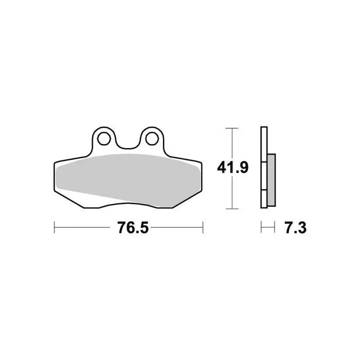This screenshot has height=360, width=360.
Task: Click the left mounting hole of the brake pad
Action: [x=104, y=139]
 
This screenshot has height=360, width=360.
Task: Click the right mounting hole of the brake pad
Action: [x=152, y=139]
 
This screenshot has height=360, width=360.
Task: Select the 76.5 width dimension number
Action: [x=133, y=228]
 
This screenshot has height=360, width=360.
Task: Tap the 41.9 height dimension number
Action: [x=232, y=168]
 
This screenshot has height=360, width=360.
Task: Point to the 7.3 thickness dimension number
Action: [x=296, y=228]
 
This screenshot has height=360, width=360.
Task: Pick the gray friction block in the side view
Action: [x=272, y=180]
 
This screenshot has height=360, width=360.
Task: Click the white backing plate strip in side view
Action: [x=264, y=167]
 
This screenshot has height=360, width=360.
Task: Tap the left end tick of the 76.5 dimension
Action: [x=54, y=227]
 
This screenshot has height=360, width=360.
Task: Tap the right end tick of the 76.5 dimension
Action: [x=203, y=227]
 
